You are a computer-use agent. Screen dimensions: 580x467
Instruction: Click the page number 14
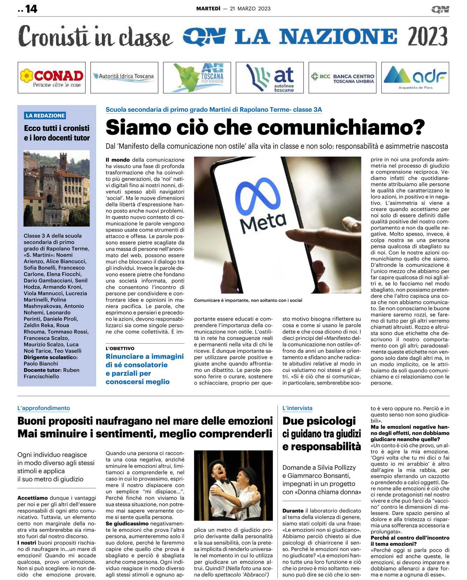[31, 9]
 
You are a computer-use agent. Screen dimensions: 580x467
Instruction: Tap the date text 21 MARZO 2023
[250, 9]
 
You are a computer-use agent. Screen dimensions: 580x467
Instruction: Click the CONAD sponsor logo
[52, 78]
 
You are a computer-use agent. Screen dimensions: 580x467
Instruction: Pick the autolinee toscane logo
[270, 78]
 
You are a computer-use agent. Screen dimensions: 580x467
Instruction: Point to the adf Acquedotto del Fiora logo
[415, 78]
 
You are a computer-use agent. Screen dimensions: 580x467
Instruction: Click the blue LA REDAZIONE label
[45, 116]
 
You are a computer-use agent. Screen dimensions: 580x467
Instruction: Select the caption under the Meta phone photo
[248, 300]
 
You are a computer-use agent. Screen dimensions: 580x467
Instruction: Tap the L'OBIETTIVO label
[120, 348]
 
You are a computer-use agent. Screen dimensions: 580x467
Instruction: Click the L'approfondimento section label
[44, 408]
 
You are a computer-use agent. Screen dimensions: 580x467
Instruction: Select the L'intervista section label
[297, 408]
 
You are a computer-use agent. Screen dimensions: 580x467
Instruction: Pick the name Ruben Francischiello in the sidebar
[52, 373]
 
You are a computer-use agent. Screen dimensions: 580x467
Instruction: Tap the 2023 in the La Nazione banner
[427, 36]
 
